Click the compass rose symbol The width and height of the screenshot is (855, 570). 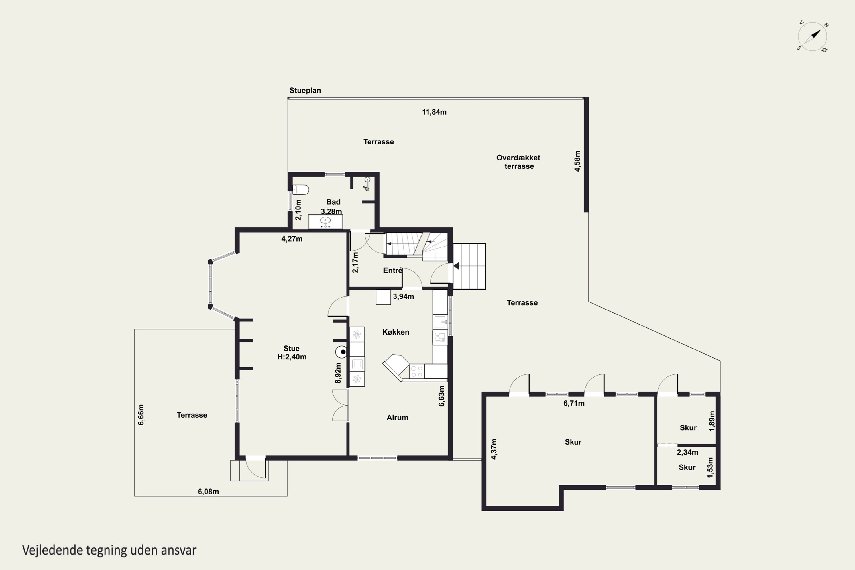[813, 37]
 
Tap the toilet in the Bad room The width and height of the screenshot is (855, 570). [301, 190]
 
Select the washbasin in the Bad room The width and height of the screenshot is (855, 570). [325, 221]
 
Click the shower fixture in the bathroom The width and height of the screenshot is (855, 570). [367, 184]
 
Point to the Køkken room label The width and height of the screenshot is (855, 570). [396, 332]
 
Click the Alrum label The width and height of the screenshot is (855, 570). [397, 417]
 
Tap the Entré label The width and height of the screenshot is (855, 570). [393, 270]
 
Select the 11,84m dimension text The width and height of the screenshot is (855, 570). [434, 112]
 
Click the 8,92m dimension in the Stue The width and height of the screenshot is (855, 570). [338, 373]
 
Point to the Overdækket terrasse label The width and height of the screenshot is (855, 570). [518, 162]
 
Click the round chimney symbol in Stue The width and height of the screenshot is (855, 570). [341, 352]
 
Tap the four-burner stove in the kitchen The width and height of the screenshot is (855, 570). [417, 371]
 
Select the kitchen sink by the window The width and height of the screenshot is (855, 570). [440, 322]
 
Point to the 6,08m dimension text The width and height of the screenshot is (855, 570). [208, 491]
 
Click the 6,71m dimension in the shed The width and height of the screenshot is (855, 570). [574, 403]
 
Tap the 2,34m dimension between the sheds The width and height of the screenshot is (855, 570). [687, 452]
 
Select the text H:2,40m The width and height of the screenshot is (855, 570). [292, 357]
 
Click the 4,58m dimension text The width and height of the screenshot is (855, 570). [577, 161]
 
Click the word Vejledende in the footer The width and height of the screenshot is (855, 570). [53, 550]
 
